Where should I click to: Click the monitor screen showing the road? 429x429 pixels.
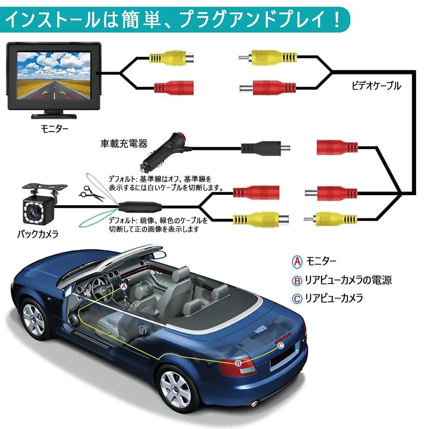(54, 76)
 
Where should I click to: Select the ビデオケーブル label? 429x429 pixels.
(376, 86)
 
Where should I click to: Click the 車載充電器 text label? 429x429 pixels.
(124, 144)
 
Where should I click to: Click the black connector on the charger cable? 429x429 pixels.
(261, 148)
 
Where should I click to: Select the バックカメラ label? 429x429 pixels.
(38, 234)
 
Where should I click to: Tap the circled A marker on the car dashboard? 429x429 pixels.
(124, 286)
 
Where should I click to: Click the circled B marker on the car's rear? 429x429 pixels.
(238, 363)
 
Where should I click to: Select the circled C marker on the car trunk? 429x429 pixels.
(281, 345)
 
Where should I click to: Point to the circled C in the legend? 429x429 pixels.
(297, 298)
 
